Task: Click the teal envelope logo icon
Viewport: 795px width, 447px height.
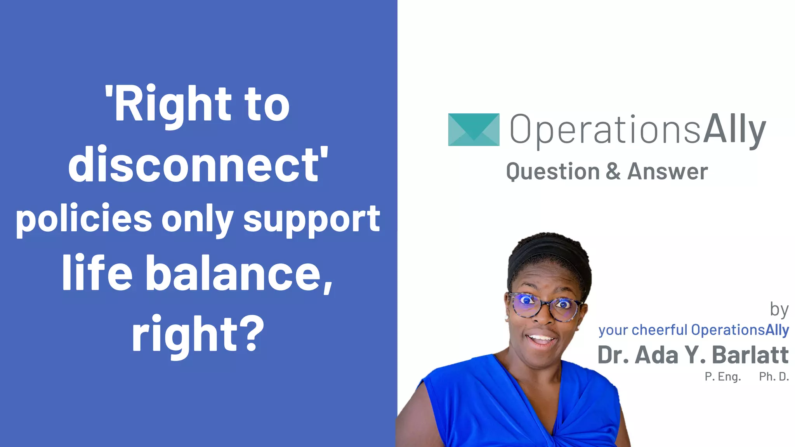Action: coord(474,130)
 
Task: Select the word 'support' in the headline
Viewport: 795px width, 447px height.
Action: coord(311,220)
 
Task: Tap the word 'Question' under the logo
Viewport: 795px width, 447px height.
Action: coord(553,172)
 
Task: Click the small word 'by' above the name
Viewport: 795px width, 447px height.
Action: coord(779,310)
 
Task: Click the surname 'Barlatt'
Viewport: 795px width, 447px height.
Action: coord(750,355)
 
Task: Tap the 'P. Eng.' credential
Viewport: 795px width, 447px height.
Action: coord(723,376)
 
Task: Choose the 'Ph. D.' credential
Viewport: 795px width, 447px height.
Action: coord(774,376)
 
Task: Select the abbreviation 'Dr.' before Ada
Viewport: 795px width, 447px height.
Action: coord(613,355)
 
